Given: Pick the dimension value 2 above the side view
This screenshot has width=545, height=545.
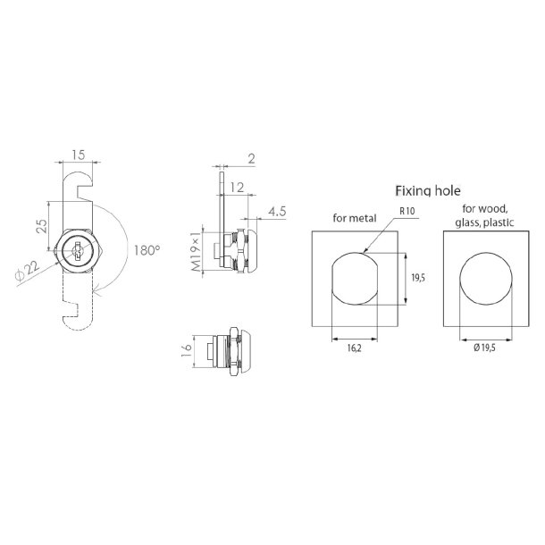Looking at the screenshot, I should coord(251,158).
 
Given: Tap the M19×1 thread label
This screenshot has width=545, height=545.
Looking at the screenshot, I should coord(196,250).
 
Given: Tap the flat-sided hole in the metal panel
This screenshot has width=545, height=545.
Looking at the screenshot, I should coord(356,280).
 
